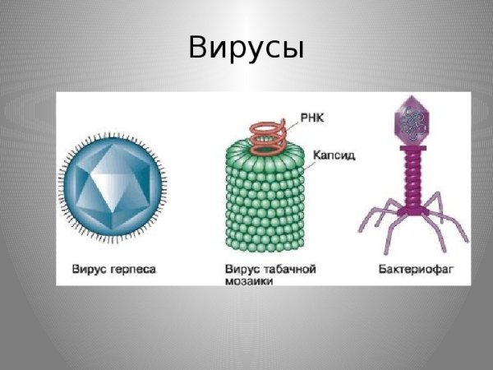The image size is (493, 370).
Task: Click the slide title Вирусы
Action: point(246,48)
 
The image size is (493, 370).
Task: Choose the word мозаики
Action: point(248,281)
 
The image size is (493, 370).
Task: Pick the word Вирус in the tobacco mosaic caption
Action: point(241,269)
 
